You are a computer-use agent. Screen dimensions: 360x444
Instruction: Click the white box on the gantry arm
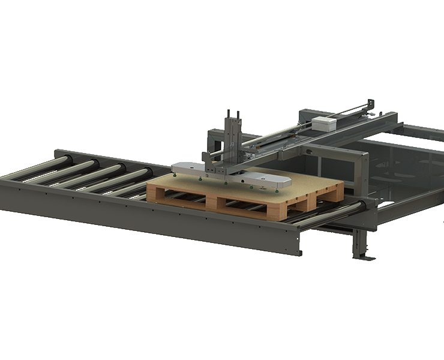click(325, 124)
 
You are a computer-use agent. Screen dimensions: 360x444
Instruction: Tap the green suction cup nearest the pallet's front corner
click(277, 190)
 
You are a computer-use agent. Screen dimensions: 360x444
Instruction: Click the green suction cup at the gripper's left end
click(173, 175)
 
